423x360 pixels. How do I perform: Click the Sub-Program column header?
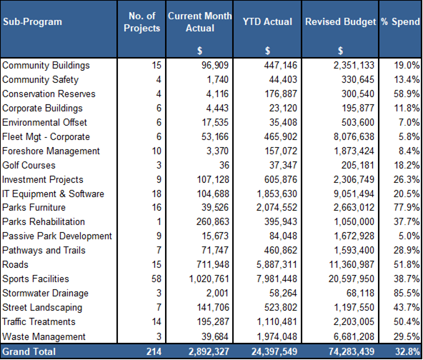[32, 21]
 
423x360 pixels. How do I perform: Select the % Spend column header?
[400, 21]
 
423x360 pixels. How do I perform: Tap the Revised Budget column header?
[340, 21]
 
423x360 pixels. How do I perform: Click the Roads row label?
[15, 264]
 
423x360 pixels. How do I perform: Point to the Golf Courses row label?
[29, 165]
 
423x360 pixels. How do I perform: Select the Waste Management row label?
[44, 336]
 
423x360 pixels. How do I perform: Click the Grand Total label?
[29, 351]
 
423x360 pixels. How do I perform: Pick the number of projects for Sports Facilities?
[156, 279]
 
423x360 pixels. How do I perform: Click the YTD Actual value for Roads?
[277, 264]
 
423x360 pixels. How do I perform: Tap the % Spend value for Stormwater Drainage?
[407, 293]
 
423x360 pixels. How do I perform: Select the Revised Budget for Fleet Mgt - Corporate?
[354, 136]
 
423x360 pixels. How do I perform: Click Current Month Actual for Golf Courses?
[224, 165]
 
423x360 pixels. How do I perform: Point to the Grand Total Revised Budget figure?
[352, 351]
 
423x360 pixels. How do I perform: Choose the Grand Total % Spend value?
[407, 351]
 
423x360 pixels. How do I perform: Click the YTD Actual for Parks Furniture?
[277, 207]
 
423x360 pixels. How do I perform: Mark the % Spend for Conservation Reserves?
[407, 94]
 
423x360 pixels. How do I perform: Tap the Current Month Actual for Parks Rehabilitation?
[213, 221]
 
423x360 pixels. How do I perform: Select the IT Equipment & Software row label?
[53, 194]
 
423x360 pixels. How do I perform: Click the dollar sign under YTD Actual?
[267, 51]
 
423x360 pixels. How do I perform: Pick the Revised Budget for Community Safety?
[358, 79]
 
